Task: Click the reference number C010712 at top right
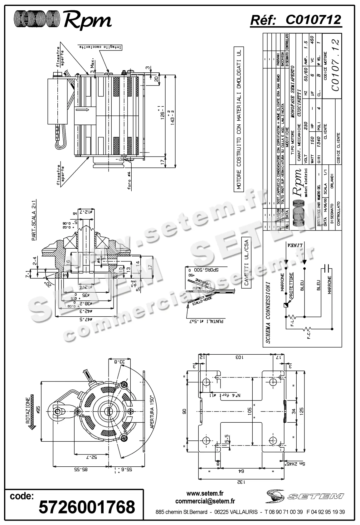[x=313, y=20]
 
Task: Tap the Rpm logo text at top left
[x=87, y=21]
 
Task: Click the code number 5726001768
[x=87, y=507]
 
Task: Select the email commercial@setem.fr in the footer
[x=205, y=501]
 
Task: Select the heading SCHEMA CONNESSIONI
[x=268, y=312]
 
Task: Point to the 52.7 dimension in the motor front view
[x=91, y=457]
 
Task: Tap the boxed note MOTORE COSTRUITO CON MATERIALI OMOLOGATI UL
[x=239, y=119]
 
